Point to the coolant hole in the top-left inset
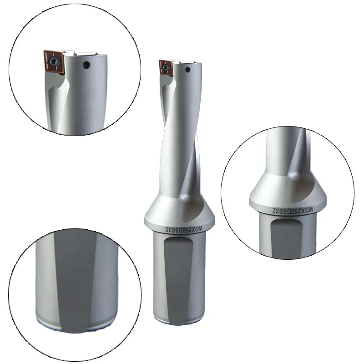85,66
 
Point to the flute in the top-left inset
57,100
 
